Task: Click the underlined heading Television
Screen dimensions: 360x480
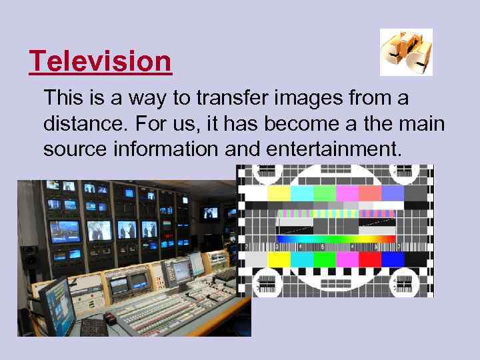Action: click(101, 62)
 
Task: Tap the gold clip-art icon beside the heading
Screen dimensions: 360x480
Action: click(406, 52)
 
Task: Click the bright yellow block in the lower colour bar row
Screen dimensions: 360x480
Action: click(279, 259)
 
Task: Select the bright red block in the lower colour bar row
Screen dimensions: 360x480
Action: click(369, 259)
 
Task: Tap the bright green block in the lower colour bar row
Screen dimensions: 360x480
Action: click(324, 259)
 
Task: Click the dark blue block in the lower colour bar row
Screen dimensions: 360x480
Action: click(393, 259)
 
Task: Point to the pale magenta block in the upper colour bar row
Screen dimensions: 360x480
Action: click(347, 193)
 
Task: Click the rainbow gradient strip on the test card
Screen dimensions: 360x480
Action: click(336, 239)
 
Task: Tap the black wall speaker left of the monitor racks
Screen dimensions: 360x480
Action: click(29, 257)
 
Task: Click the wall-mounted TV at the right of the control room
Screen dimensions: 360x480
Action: click(210, 213)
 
